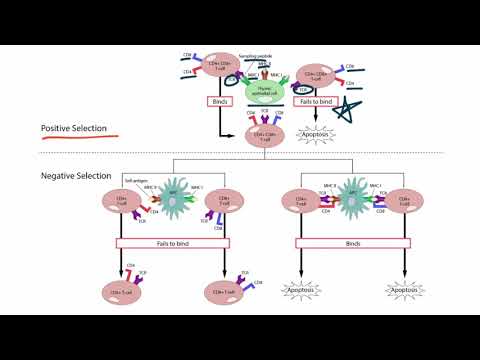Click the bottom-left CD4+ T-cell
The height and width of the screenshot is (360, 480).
tap(119, 291)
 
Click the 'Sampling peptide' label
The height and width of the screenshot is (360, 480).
tap(264, 58)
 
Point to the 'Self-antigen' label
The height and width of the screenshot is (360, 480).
tap(135, 180)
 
